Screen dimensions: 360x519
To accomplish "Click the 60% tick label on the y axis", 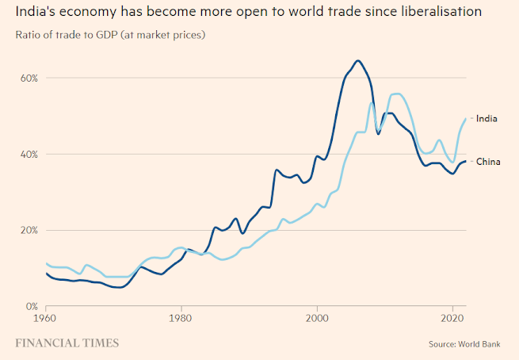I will click(x=29, y=78).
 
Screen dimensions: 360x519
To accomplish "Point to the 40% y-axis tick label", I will click(x=29, y=154).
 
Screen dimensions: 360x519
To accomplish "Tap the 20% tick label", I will click(x=29, y=230).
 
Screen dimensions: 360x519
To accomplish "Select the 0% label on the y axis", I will click(x=32, y=306).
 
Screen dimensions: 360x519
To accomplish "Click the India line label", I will click(x=487, y=118).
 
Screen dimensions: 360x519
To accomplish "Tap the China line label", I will click(x=487, y=162).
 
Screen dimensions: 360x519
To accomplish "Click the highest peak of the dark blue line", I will click(x=358, y=60).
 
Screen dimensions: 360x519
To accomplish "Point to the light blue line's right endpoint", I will click(x=466, y=119).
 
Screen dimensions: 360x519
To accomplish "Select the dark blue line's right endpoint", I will click(x=466, y=161).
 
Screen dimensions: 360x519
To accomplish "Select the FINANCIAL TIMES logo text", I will click(x=67, y=343).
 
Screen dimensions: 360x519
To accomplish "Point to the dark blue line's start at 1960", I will click(x=47, y=274).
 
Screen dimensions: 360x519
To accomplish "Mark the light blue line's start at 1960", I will click(x=47, y=263).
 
